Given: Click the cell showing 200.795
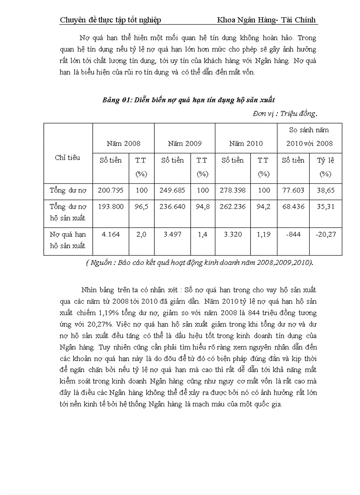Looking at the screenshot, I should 110,191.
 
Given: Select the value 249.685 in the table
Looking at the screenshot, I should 172,191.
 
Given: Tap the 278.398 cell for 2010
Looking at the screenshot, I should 232,191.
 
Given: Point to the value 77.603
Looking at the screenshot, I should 293,191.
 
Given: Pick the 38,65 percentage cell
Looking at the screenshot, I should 325,191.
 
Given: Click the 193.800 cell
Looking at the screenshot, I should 110,207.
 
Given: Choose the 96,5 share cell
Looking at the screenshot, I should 141,207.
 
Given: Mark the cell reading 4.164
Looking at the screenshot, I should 110,234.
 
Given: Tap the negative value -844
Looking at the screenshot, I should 293,234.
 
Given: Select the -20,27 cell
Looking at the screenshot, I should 325,234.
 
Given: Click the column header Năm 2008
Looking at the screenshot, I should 124,143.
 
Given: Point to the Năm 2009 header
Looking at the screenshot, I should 185,143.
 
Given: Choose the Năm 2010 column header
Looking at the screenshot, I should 246,143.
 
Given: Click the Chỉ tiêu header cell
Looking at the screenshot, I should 67,158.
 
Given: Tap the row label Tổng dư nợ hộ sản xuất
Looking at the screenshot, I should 68,212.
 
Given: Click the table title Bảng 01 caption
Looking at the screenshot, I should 188,100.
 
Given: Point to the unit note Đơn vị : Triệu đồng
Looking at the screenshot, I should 285,114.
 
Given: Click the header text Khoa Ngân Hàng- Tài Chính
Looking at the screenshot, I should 267,20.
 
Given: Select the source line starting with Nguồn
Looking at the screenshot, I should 199,263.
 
